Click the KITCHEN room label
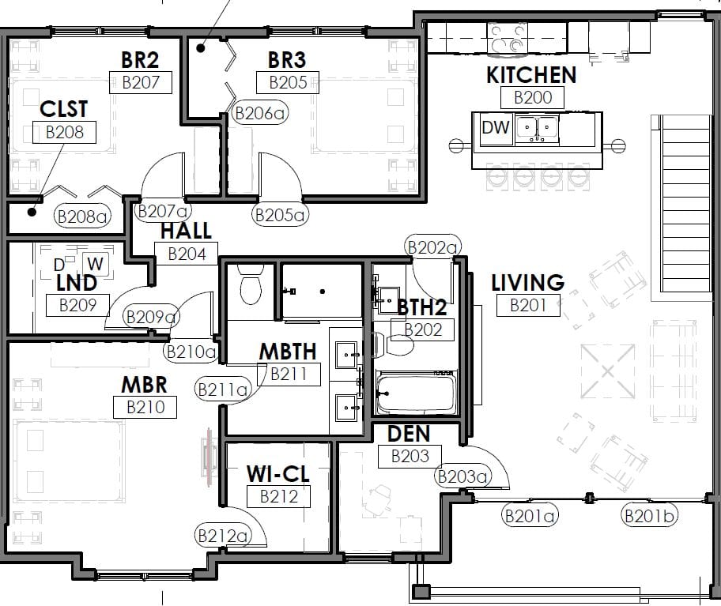[x=531, y=75]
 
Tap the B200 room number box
[x=533, y=97]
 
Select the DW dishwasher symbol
[x=496, y=128]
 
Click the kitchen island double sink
[x=537, y=128]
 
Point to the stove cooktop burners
[x=508, y=39]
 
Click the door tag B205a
[x=280, y=215]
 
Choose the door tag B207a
[x=163, y=211]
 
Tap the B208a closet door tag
[x=83, y=216]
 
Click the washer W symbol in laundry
[x=95, y=264]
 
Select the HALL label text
[x=186, y=231]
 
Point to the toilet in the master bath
[x=251, y=285]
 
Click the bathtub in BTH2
[x=416, y=393]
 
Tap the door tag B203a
[x=462, y=476]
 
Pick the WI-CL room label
[x=277, y=474]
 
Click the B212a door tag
[x=223, y=536]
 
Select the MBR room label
[x=144, y=385]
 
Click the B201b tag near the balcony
[x=649, y=516]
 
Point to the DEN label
[x=409, y=435]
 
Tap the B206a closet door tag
[x=260, y=112]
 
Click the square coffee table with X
[x=608, y=371]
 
